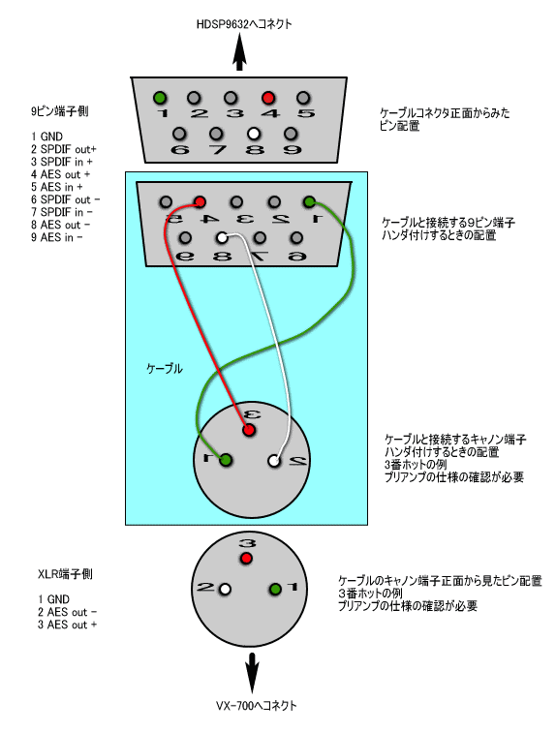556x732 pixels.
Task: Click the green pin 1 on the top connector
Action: click(x=160, y=98)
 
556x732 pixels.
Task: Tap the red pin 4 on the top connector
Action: click(x=268, y=98)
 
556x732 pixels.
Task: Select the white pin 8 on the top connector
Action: click(x=254, y=134)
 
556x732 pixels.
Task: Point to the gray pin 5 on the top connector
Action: click(x=303, y=98)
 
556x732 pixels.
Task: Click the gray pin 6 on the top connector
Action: click(x=179, y=134)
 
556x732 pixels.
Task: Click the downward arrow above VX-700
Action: click(x=252, y=673)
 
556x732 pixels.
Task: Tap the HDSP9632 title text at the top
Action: click(x=244, y=24)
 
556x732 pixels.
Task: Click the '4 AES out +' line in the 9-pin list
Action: click(x=61, y=174)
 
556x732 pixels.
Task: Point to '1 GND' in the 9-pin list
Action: click(x=46, y=137)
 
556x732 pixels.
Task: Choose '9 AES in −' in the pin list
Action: click(x=57, y=237)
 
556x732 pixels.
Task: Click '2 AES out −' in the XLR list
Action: click(x=67, y=612)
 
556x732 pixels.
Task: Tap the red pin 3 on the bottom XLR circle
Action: click(x=246, y=559)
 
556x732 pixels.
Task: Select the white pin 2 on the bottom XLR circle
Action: click(x=225, y=589)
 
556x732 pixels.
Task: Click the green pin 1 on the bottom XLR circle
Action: click(x=275, y=589)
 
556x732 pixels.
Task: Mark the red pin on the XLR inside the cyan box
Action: click(x=249, y=430)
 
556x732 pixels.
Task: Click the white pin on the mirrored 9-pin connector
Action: click(x=222, y=238)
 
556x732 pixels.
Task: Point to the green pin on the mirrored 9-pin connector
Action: click(x=309, y=202)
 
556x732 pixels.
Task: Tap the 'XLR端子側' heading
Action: click(x=65, y=574)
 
